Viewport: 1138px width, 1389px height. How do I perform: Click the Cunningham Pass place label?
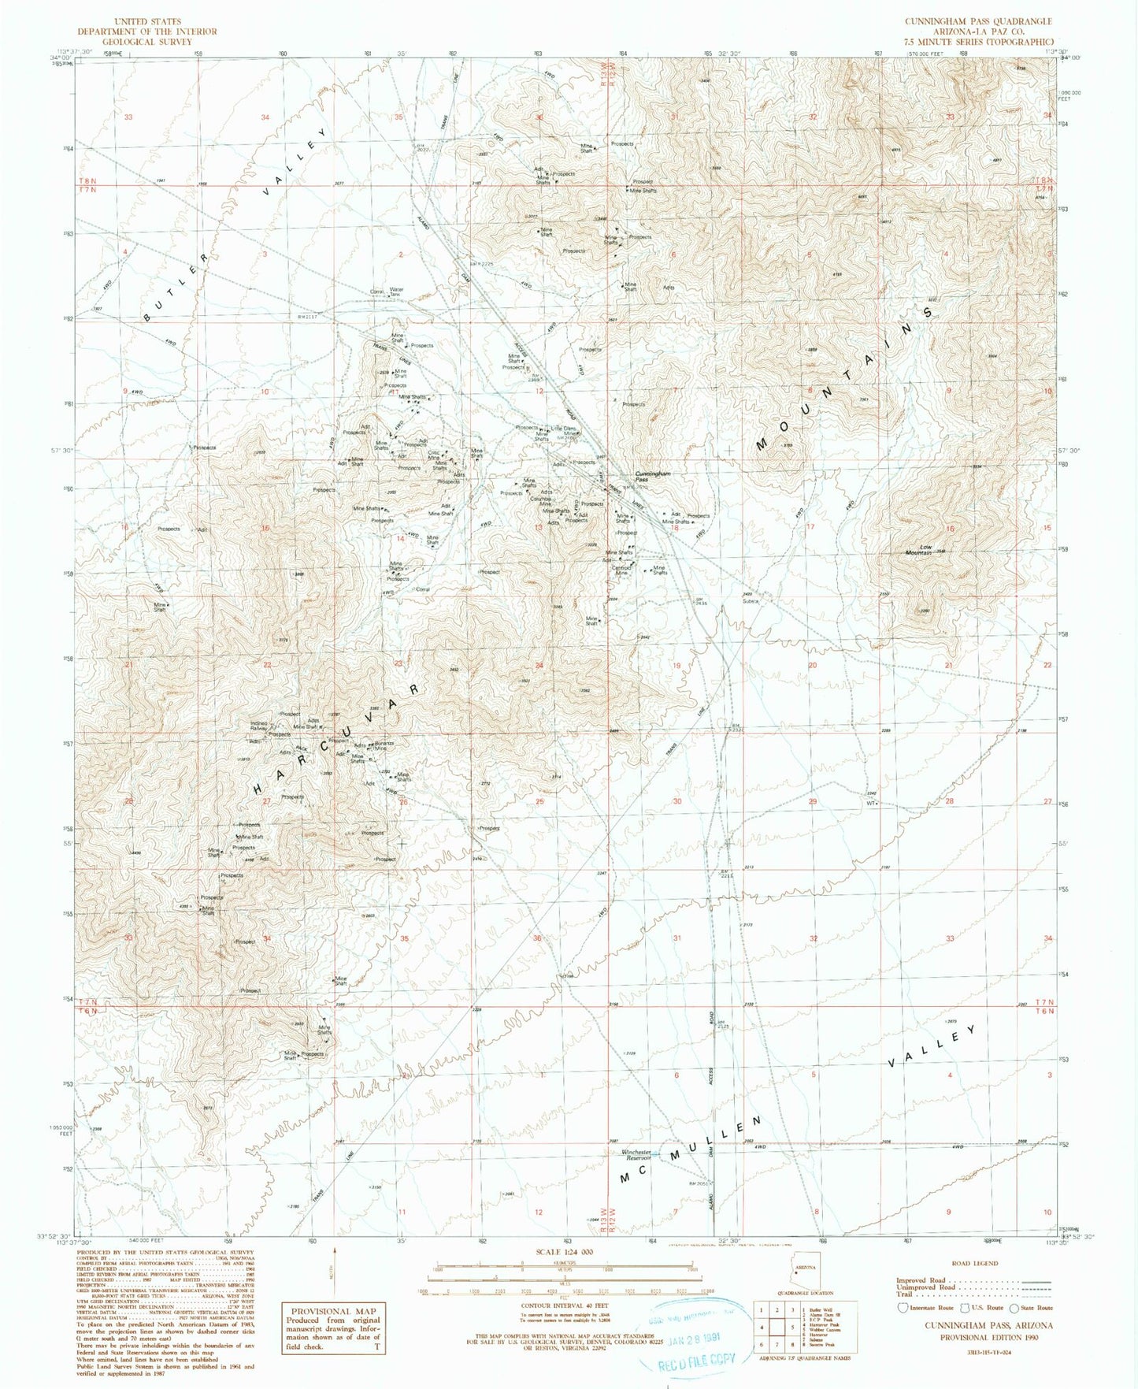(x=653, y=477)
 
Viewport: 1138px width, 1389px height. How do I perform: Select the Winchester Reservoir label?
(x=637, y=1155)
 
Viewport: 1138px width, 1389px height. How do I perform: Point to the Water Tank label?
(x=396, y=292)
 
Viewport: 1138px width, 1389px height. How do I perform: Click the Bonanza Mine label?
(x=384, y=746)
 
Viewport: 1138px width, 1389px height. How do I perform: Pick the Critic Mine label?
(x=432, y=455)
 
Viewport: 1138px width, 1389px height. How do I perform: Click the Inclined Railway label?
(x=259, y=726)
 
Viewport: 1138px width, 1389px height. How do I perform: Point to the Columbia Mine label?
(x=540, y=500)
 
